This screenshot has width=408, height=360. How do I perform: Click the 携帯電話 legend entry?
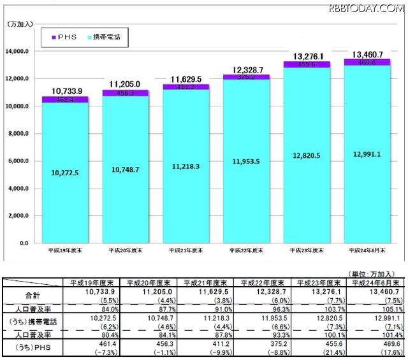tap(105, 38)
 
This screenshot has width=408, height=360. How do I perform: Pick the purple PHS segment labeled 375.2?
tap(245, 77)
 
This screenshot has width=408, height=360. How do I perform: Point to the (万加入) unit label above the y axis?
tap(22, 24)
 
